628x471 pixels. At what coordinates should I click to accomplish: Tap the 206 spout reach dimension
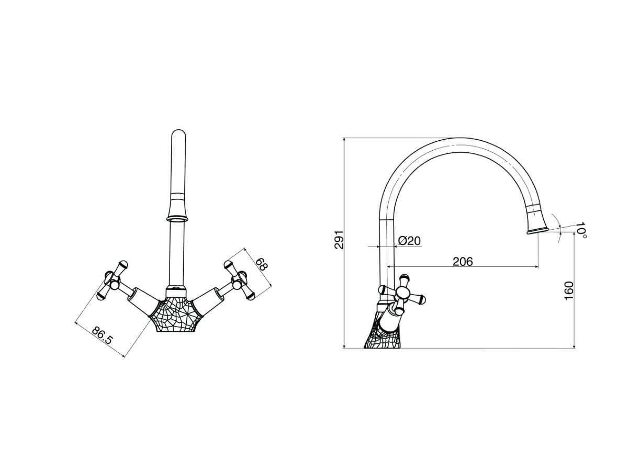463,261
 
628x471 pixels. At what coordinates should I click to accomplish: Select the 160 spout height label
569,291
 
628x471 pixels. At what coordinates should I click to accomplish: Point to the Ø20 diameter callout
409,241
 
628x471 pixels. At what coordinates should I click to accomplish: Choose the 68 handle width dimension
261,264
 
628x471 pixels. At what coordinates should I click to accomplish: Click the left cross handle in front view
116,281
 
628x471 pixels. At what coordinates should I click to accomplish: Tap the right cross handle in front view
238,281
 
